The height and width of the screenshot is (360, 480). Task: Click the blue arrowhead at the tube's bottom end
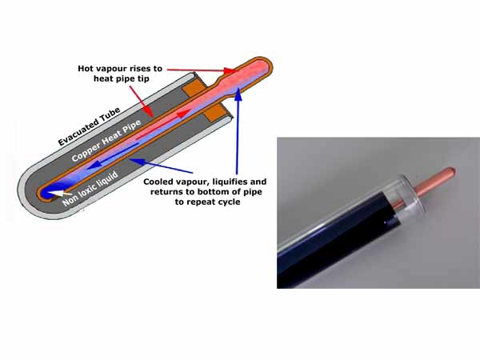53,189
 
